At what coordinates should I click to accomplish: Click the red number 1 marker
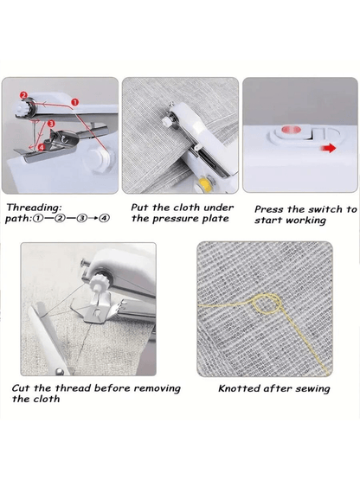(x=75, y=102)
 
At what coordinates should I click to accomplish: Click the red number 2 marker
(x=24, y=95)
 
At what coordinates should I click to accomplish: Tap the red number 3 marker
(x=51, y=124)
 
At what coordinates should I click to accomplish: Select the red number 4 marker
(x=42, y=147)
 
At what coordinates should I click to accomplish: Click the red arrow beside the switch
(x=328, y=149)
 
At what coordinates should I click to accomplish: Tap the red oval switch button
(x=292, y=130)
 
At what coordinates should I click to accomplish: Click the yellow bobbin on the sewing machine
(x=203, y=182)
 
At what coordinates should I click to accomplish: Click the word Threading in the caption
(x=34, y=208)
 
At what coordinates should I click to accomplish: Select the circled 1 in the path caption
(x=37, y=219)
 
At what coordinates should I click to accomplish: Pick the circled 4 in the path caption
(x=105, y=219)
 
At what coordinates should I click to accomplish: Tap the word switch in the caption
(x=325, y=209)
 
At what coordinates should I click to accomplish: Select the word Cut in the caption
(x=21, y=388)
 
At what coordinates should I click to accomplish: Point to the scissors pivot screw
(x=60, y=372)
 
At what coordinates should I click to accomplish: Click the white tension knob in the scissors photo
(x=98, y=282)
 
